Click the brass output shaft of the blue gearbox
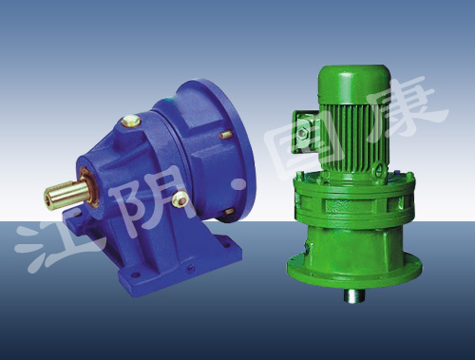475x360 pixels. (x=66, y=194)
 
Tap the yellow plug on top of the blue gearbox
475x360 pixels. (x=131, y=121)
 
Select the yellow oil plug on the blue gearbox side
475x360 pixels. (x=180, y=199)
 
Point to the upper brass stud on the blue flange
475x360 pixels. (x=226, y=136)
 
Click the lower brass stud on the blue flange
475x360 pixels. (x=230, y=212)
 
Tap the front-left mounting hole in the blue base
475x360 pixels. (x=135, y=275)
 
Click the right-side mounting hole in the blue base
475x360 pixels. (x=227, y=245)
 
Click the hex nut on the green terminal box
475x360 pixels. (x=302, y=132)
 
